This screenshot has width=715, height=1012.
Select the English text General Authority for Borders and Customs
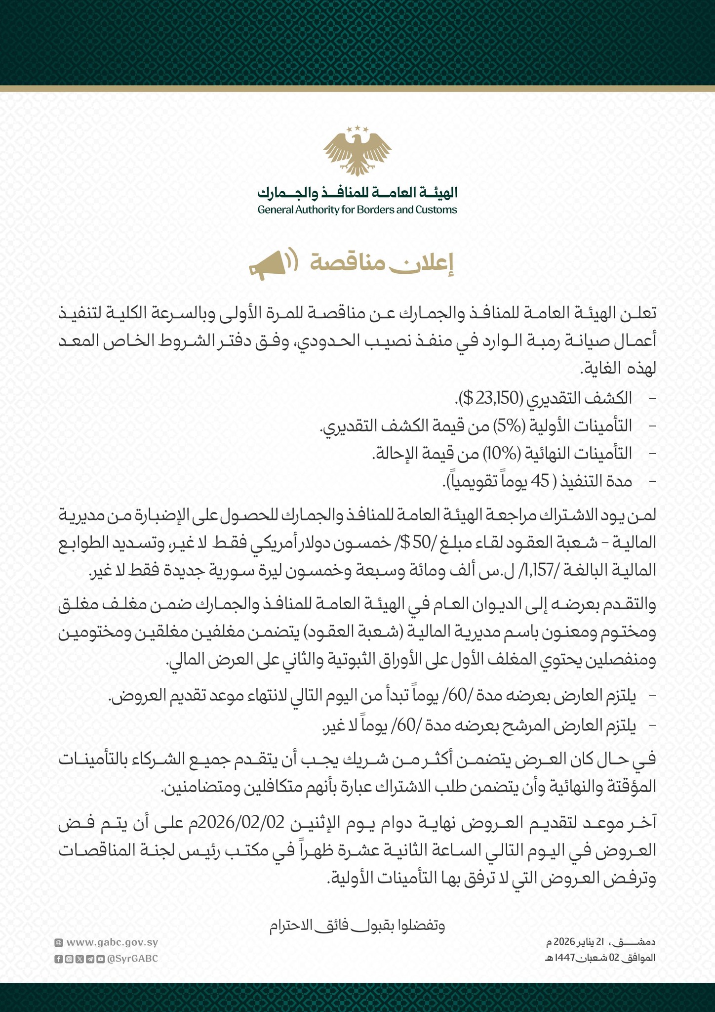[357, 210]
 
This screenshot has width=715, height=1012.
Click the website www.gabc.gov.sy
[112, 943]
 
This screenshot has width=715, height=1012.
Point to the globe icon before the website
[58, 943]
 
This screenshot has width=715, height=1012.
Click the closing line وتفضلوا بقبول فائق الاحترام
[357, 926]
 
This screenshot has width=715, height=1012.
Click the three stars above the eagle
[357, 129]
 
